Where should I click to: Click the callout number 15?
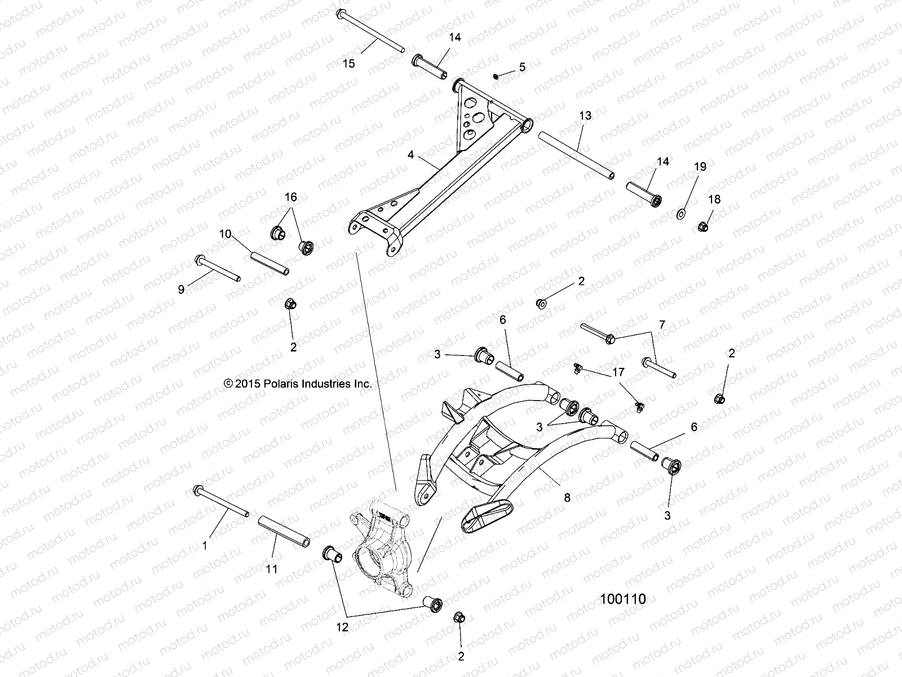click(x=349, y=63)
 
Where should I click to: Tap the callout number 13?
click(x=585, y=116)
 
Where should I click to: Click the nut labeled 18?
click(x=702, y=227)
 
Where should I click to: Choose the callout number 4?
click(x=411, y=155)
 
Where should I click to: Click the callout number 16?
click(x=290, y=197)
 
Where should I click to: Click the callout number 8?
click(x=567, y=497)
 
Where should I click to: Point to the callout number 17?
click(x=618, y=372)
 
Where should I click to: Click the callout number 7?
click(x=662, y=325)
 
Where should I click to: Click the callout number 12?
click(x=342, y=627)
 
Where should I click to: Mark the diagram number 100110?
click(x=622, y=599)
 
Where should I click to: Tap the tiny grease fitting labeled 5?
click(x=496, y=76)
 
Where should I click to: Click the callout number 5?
click(x=522, y=67)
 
